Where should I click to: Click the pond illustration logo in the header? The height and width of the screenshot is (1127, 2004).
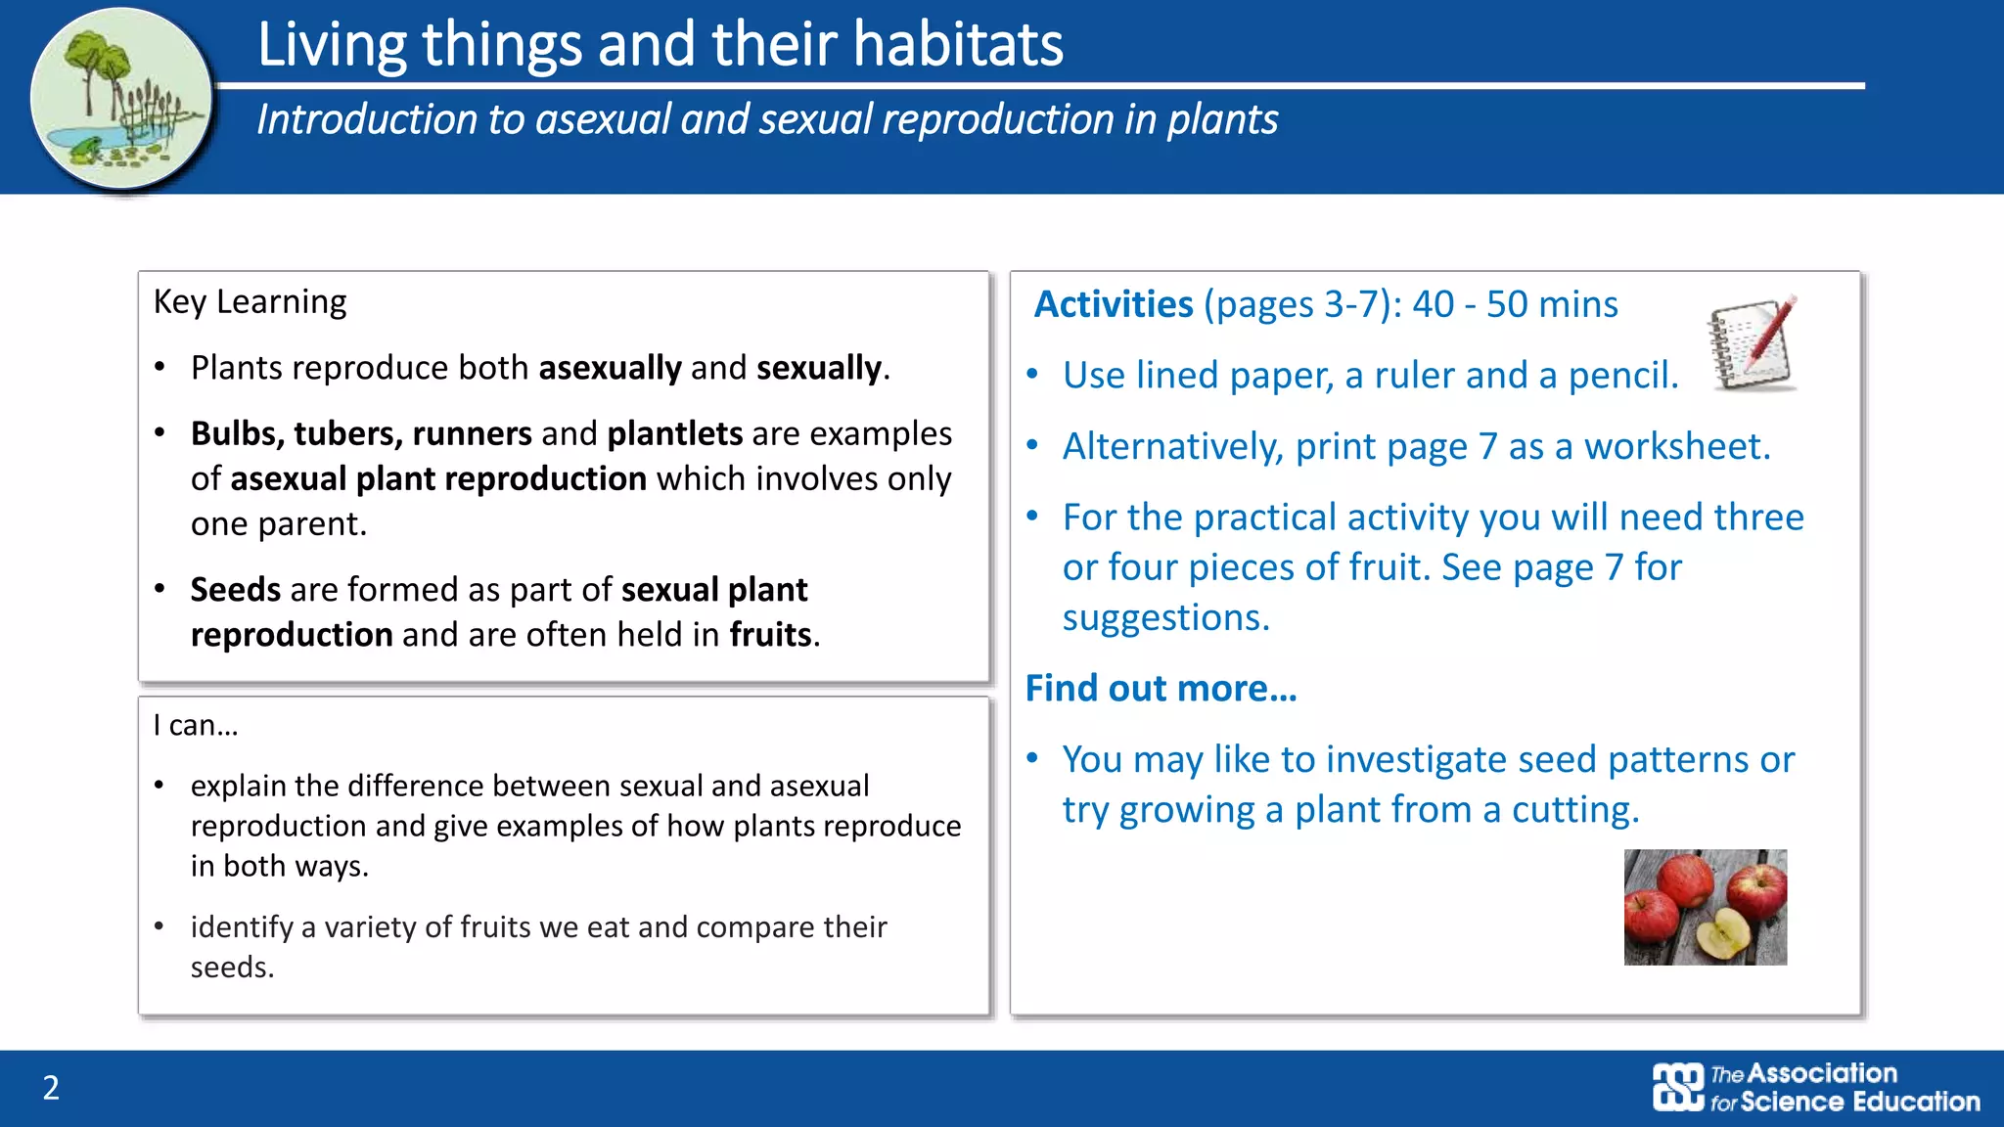click(119, 100)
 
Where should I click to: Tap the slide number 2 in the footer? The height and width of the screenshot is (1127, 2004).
click(51, 1088)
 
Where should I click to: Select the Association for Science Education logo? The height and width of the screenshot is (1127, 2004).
click(1816, 1088)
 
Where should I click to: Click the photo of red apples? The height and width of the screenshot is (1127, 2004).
click(1705, 907)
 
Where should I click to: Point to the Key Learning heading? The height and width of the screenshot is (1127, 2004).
click(250, 302)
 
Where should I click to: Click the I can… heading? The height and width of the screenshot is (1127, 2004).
click(196, 726)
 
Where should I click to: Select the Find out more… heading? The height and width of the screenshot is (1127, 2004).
click(1161, 689)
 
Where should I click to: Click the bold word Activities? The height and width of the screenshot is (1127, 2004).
click(1114, 304)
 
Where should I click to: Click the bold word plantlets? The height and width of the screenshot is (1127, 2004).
click(675, 433)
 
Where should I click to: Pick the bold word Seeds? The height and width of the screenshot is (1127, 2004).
click(236, 590)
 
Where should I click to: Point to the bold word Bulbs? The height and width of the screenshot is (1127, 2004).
click(235, 433)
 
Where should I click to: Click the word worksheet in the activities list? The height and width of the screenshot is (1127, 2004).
click(1675, 447)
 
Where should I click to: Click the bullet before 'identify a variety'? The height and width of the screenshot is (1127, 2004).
click(159, 926)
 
